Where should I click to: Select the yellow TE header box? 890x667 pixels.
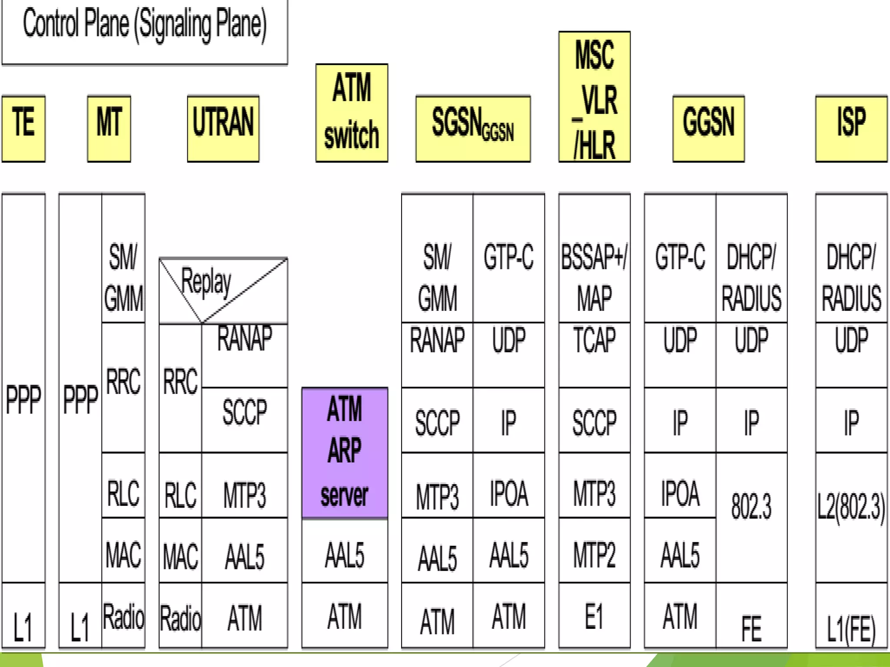click(23, 129)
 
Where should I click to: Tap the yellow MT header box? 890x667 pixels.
click(109, 129)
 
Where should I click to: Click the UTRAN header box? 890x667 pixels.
click(223, 129)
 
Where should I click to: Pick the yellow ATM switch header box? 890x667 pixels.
click(352, 113)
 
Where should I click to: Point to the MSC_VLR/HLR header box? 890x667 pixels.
click(594, 96)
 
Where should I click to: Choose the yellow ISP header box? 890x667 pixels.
click(851, 129)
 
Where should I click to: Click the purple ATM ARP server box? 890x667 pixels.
click(345, 452)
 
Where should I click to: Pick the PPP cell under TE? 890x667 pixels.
click(23, 399)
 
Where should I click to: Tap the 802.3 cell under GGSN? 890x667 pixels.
click(751, 506)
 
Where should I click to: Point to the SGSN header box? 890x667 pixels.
click(473, 129)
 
